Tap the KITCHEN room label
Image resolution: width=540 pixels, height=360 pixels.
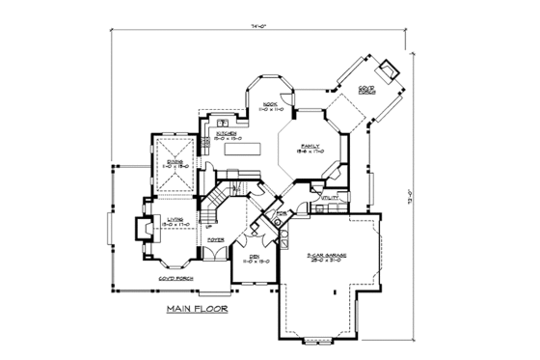(214, 134)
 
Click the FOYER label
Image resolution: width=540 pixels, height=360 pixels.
(216, 237)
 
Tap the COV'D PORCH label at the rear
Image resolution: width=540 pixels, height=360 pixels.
(366, 90)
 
